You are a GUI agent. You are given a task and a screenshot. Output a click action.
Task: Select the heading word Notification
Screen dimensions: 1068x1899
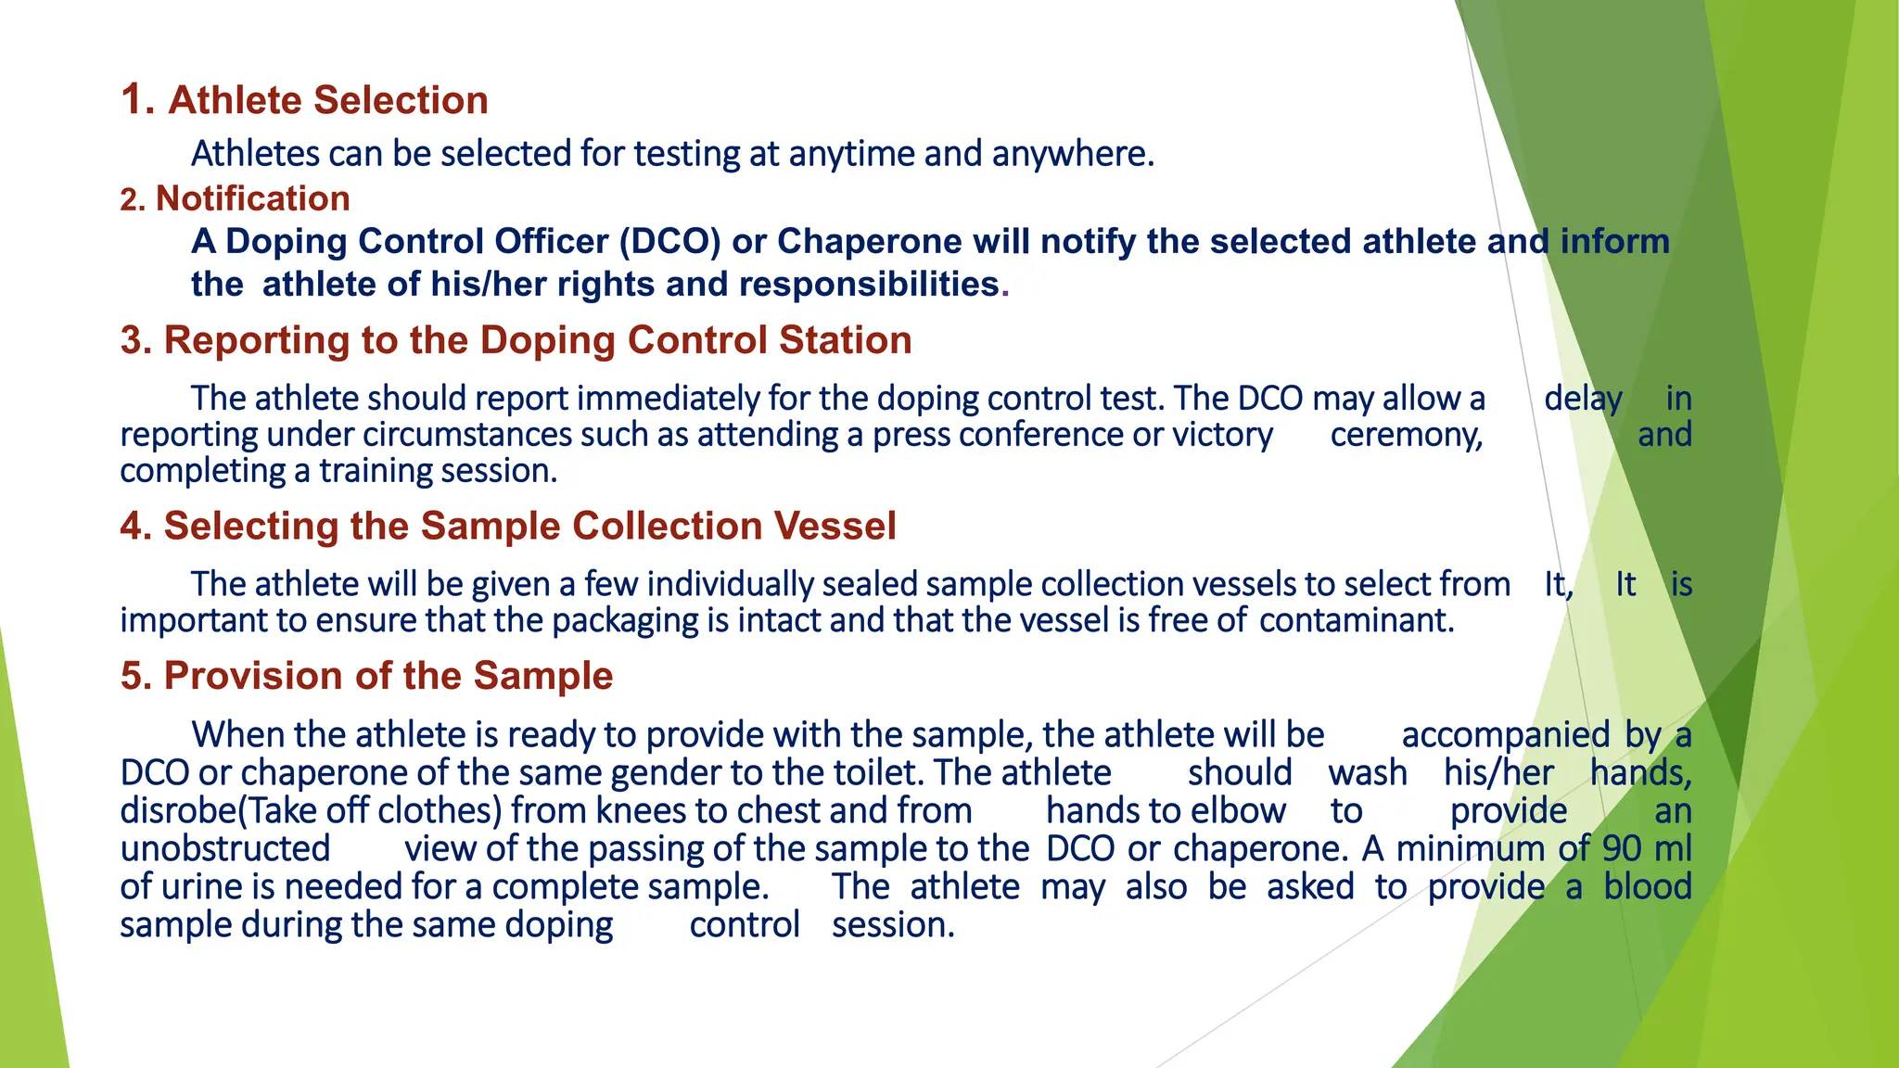tap(252, 198)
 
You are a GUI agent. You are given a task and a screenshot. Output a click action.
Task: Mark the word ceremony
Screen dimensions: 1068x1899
tap(1406, 435)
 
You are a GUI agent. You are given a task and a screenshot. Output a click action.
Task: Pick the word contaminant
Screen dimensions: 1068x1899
tap(1356, 620)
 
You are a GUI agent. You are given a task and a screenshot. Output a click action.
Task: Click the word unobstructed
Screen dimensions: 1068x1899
tap(225, 849)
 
